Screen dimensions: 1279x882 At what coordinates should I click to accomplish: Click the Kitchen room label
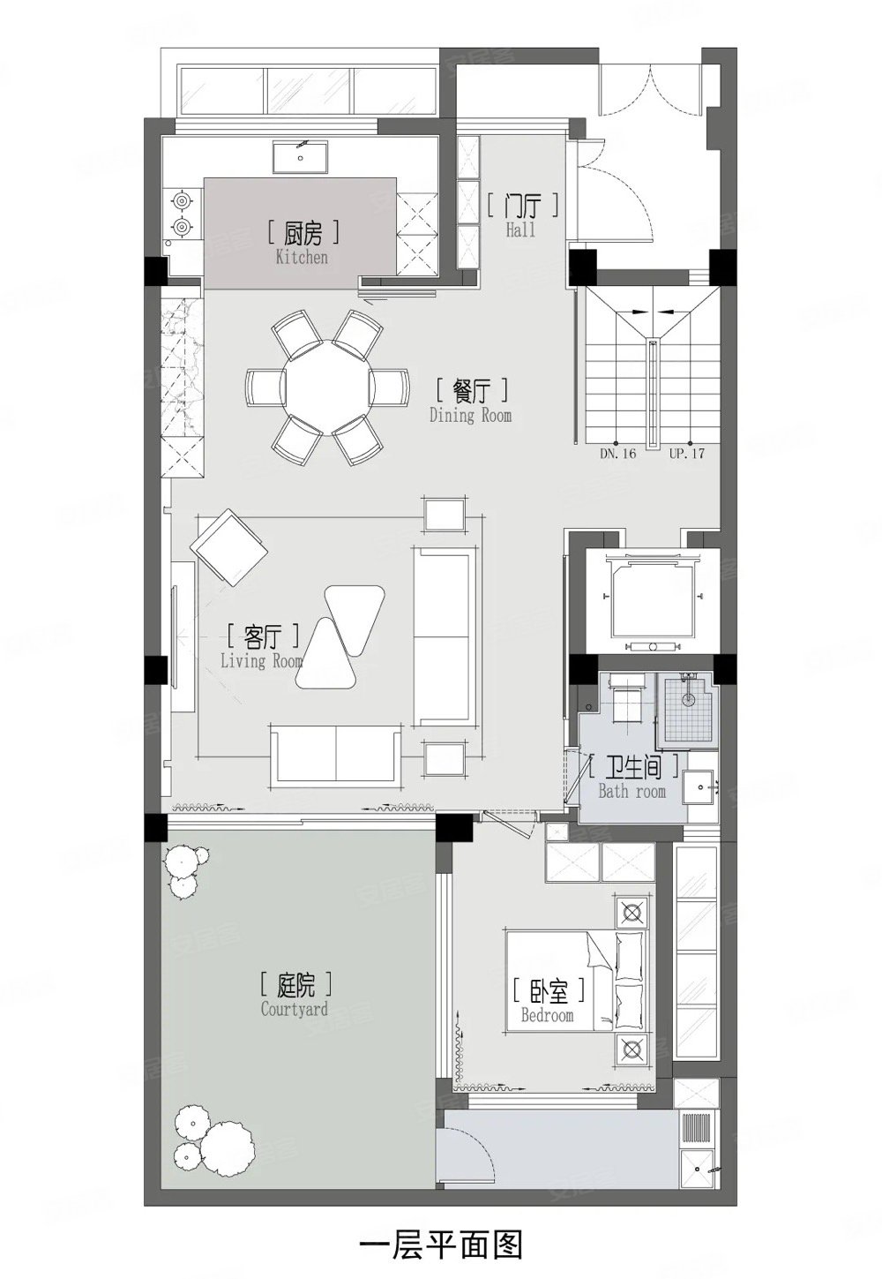[x=301, y=243]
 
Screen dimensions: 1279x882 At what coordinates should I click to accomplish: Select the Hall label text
[x=521, y=216]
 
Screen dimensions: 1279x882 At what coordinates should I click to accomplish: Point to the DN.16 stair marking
[x=618, y=454]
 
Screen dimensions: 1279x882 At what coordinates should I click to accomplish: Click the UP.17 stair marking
[x=687, y=454]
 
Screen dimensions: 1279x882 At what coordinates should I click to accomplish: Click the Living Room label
[x=261, y=646]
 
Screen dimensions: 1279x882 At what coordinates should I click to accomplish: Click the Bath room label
[x=632, y=777]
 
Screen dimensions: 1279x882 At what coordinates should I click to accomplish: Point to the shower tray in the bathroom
[x=687, y=707]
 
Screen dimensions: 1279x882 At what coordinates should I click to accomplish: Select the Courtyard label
[x=295, y=995]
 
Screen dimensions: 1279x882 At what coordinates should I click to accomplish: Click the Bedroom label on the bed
[x=547, y=1004]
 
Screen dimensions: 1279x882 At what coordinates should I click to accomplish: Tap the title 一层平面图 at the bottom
[x=441, y=1244]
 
